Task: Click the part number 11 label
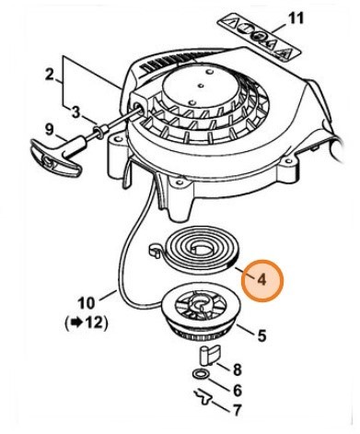(296, 18)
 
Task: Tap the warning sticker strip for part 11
(259, 37)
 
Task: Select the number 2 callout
(49, 75)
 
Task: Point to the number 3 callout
(75, 112)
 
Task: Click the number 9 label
(49, 130)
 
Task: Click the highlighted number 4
(261, 280)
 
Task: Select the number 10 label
(87, 303)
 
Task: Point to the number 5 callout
(261, 335)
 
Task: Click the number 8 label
(237, 369)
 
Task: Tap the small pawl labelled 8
(210, 356)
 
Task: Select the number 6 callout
(238, 390)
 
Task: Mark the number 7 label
(237, 410)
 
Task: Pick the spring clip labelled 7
(203, 397)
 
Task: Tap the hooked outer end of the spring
(154, 251)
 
